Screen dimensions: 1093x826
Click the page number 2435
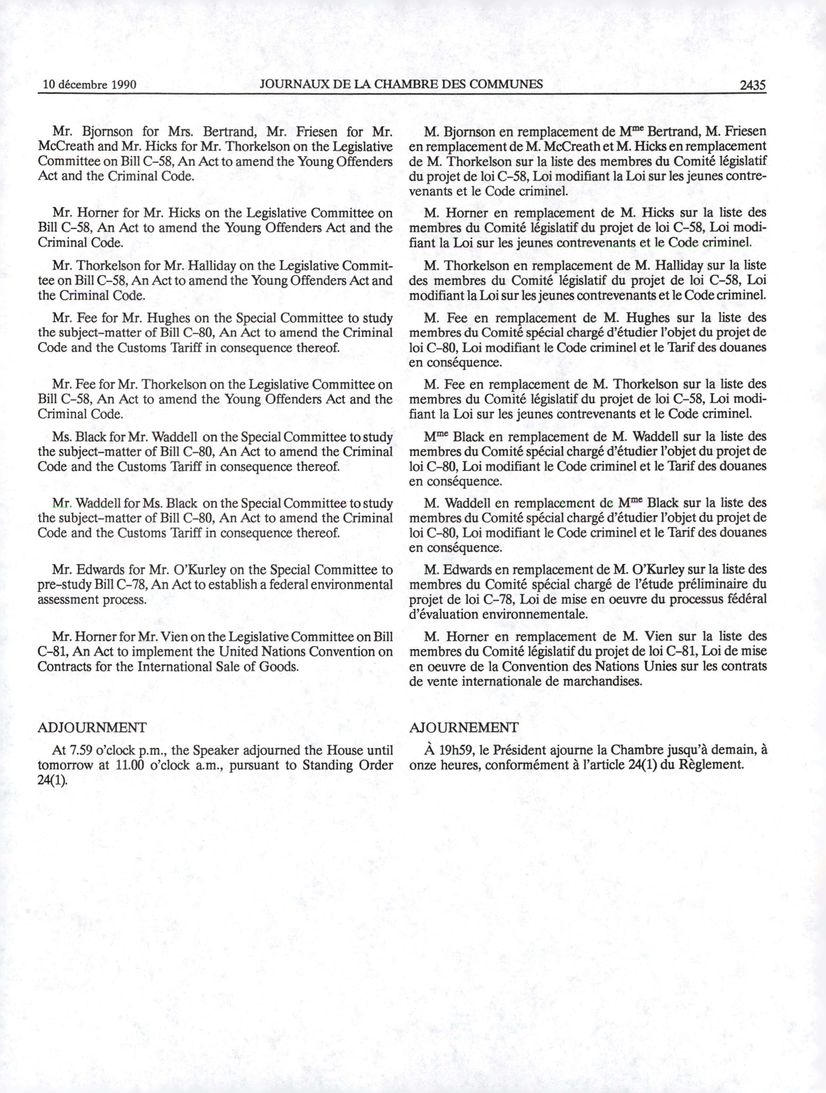click(x=752, y=85)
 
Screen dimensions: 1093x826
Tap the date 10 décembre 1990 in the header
click(x=89, y=84)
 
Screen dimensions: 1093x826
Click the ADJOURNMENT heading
click(x=92, y=727)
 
